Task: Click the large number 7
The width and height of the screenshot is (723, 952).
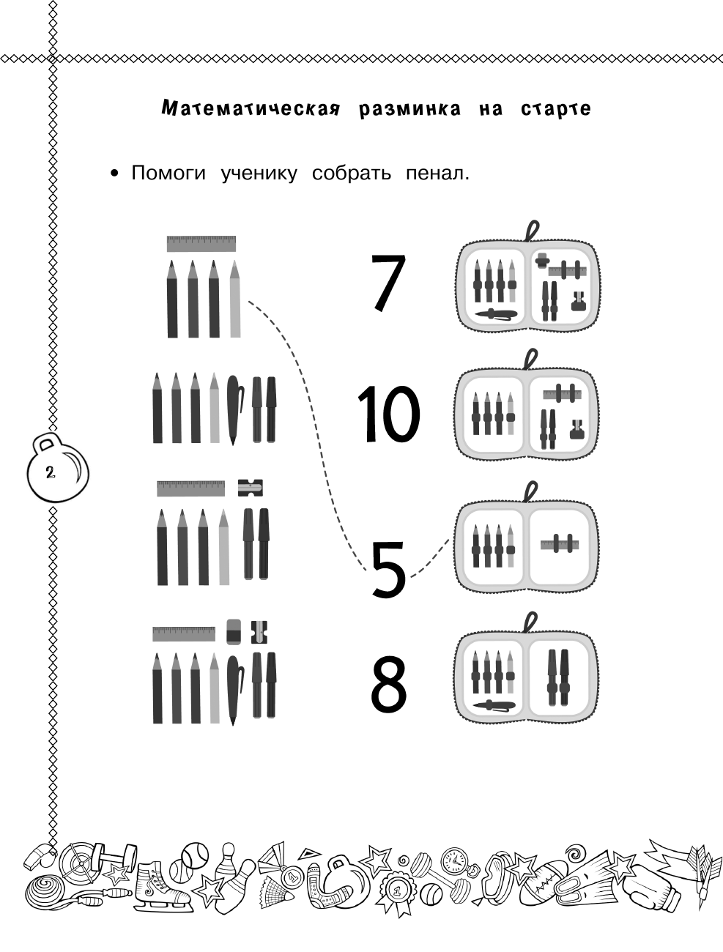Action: [388, 282]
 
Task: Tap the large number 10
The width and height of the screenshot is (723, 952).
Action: [388, 413]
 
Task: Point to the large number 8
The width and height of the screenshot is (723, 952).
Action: [388, 684]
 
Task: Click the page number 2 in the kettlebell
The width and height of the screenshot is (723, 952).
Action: [50, 472]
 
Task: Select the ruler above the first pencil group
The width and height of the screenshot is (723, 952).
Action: [201, 243]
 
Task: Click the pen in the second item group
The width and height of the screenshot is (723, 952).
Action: [234, 408]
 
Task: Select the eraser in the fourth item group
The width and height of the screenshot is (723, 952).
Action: [234, 631]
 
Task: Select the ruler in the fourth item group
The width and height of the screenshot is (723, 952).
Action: [184, 633]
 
